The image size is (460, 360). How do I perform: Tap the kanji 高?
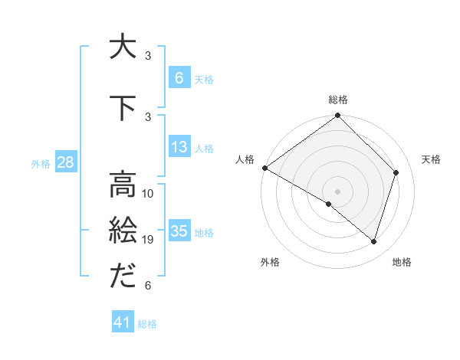(123, 185)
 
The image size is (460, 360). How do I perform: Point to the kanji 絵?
(123, 231)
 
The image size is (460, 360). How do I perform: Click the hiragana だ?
(123, 277)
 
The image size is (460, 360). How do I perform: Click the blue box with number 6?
(179, 78)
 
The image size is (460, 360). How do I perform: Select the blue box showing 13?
(179, 147)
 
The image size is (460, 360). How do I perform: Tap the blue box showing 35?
(179, 231)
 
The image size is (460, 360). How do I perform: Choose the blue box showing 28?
(64, 162)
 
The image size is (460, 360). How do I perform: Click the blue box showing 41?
(123, 322)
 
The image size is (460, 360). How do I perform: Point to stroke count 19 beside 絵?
(149, 240)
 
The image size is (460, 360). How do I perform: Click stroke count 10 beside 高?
(149, 194)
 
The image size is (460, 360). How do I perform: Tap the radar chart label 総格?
(338, 100)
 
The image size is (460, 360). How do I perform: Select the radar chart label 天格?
(431, 159)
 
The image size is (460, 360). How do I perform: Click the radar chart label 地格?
(402, 262)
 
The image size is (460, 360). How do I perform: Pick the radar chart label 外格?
(270, 262)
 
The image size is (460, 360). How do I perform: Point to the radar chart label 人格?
(245, 159)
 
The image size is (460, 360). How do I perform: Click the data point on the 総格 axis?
(337, 116)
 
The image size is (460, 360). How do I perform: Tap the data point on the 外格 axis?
(329, 205)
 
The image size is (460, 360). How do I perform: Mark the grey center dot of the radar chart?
(337, 191)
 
